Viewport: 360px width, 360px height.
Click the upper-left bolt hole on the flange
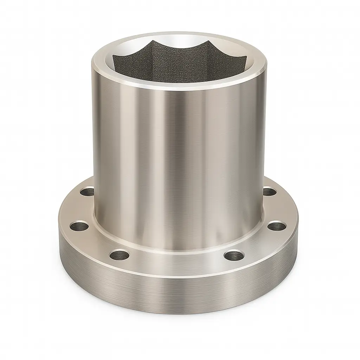coord(87,192)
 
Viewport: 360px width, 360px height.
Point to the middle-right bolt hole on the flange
coord(276,225)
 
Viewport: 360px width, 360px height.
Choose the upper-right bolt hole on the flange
coord(269,192)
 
